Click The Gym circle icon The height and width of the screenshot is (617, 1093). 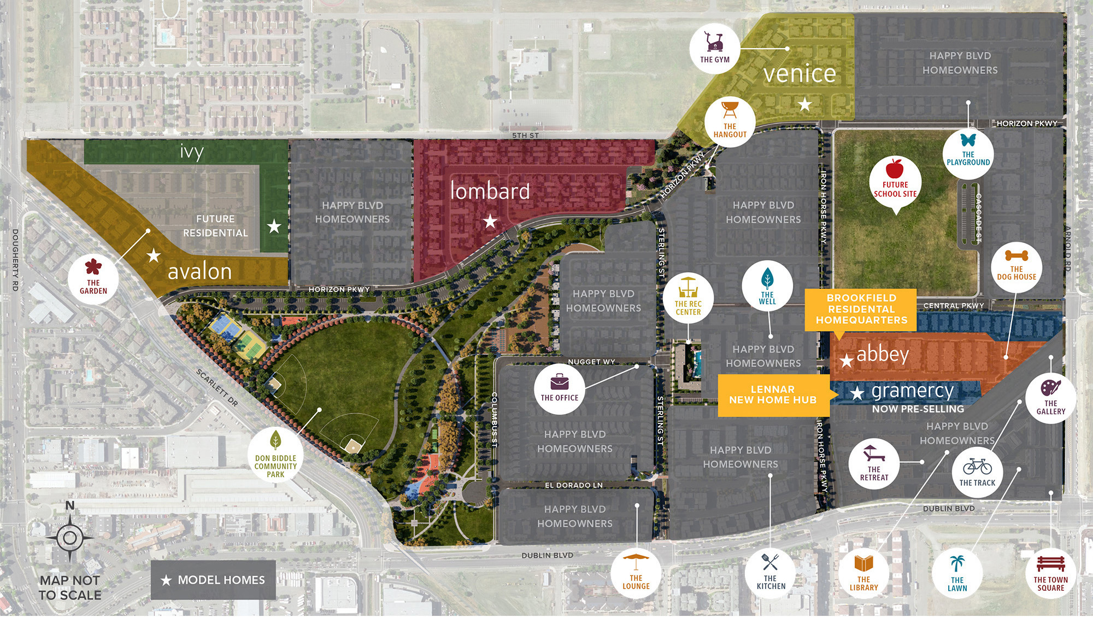(714, 48)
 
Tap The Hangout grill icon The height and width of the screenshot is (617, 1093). (730, 109)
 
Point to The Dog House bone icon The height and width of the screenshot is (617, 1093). (1016, 255)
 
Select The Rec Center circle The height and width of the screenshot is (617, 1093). (688, 298)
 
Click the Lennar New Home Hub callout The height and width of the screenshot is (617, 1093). (773, 395)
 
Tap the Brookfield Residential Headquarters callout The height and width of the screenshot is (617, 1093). (861, 309)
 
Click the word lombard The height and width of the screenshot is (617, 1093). (490, 191)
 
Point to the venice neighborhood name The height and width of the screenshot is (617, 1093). (800, 74)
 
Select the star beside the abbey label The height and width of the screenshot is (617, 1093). (847, 360)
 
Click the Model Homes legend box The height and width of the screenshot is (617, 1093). (213, 580)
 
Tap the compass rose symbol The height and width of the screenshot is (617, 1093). (70, 538)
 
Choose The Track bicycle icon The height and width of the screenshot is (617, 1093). (977, 467)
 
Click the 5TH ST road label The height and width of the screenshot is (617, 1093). (525, 135)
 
